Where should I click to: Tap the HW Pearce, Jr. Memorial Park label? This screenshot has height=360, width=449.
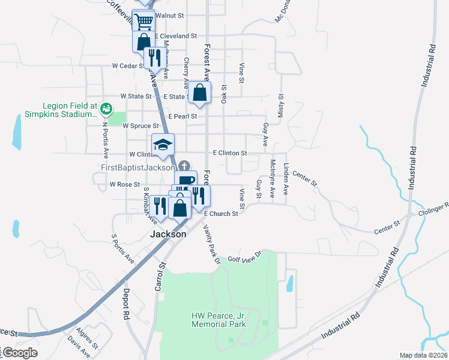(x=218, y=320)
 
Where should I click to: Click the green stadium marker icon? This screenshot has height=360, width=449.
(x=106, y=109)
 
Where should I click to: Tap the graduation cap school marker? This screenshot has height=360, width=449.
(x=163, y=145)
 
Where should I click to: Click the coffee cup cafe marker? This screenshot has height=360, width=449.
(x=186, y=181)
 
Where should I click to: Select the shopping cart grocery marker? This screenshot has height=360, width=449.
(x=143, y=22)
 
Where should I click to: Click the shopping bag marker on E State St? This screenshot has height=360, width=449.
(x=200, y=94)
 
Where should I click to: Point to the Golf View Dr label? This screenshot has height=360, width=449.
(x=246, y=256)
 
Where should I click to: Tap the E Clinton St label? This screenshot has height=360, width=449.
(x=229, y=154)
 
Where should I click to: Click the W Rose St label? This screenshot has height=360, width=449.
(x=124, y=185)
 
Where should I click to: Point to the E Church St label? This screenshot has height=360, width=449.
(x=221, y=214)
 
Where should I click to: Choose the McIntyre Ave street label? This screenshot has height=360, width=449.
(x=273, y=178)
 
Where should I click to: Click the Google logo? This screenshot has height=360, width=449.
(x=20, y=353)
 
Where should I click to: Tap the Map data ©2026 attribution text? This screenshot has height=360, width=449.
(x=423, y=355)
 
